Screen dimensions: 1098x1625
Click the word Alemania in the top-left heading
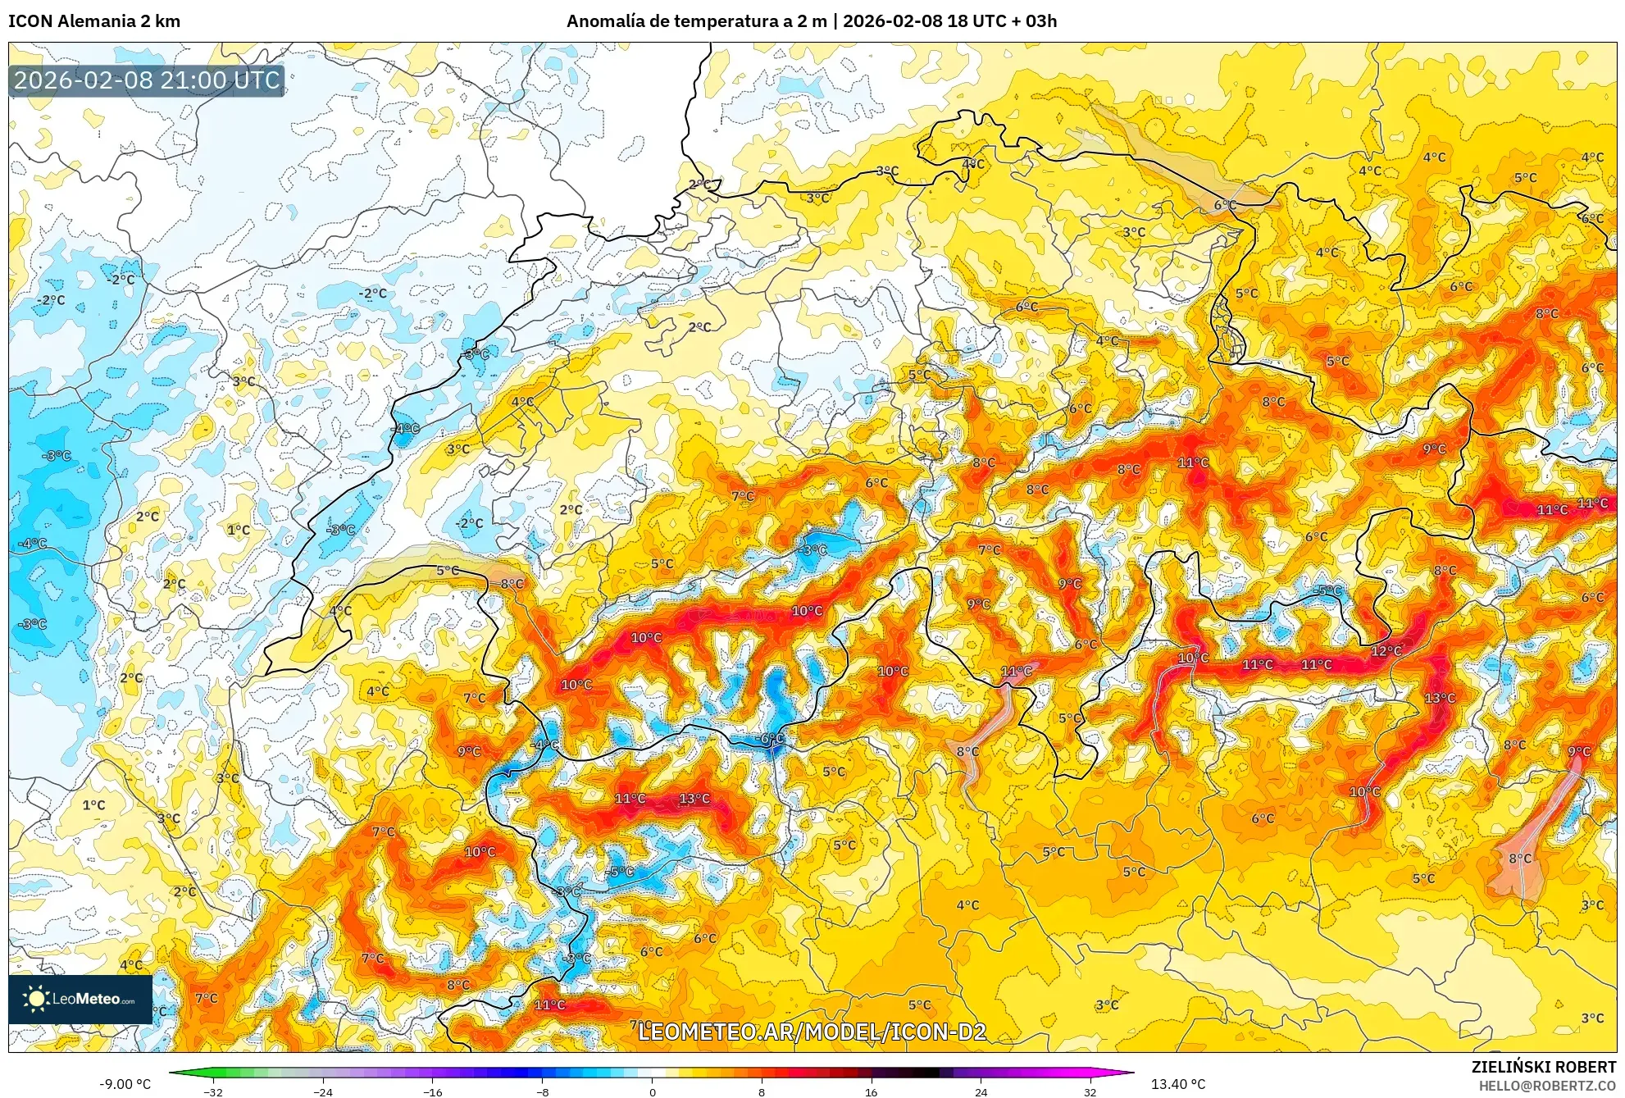pos(93,21)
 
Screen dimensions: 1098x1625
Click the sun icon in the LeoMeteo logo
pos(36,998)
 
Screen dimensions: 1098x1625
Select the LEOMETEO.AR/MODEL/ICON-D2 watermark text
pos(812,1032)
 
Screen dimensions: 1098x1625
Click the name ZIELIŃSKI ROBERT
pos(1543,1067)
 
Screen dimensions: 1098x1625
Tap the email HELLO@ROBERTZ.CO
pos(1547,1086)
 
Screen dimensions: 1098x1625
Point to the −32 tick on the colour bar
pos(213,1091)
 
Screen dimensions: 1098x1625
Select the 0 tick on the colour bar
pos(653,1091)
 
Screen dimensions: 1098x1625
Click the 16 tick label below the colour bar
pos(871,1091)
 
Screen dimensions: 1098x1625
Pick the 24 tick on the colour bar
pos(981,1091)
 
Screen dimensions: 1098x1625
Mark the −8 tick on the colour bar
pos(542,1091)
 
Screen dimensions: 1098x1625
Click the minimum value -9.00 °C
pos(125,1084)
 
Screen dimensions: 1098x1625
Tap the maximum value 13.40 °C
pos(1178,1084)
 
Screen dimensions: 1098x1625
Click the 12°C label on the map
pos(1386,651)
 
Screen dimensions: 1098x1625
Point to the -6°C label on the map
pos(770,738)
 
